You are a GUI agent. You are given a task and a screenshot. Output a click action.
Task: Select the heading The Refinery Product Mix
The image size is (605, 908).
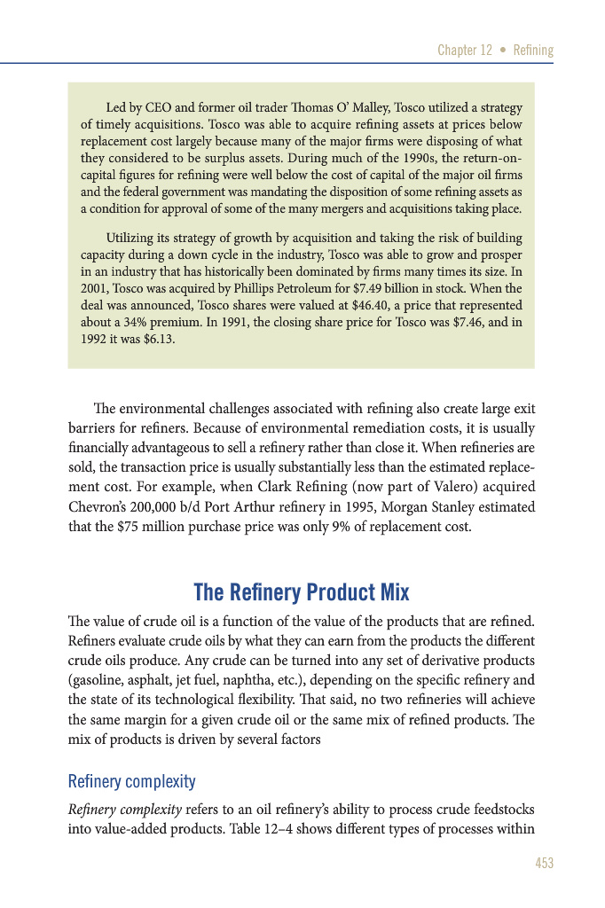(302, 591)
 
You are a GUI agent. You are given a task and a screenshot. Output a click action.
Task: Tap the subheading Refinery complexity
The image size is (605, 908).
(131, 781)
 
